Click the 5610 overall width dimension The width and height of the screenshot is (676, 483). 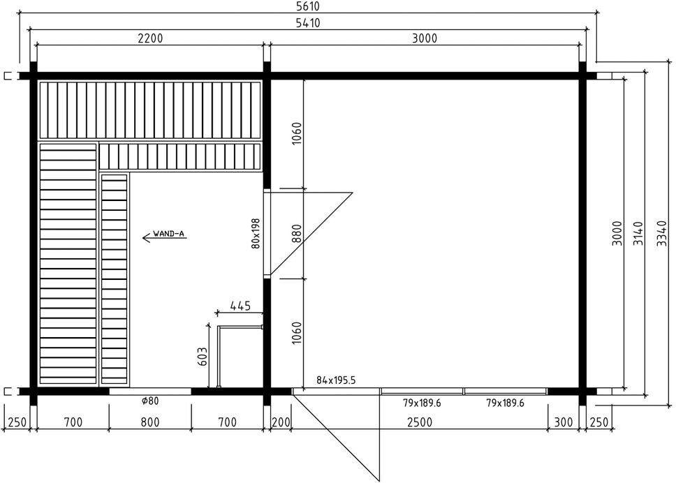[308, 6]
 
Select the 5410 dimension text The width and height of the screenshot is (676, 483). [308, 23]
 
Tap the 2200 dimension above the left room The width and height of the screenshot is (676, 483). [150, 38]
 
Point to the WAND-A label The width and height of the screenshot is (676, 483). [168, 234]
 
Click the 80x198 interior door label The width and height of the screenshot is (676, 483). [256, 233]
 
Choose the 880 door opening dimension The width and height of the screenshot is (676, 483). [297, 234]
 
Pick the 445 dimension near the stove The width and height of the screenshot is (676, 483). [240, 306]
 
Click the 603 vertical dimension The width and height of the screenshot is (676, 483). [203, 356]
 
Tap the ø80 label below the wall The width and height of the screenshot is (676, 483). [150, 401]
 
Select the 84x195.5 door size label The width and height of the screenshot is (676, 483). [336, 380]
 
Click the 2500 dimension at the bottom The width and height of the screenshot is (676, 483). [420, 422]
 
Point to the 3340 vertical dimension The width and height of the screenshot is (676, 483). [661, 233]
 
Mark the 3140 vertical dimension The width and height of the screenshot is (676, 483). [638, 233]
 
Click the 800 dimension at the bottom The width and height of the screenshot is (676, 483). [150, 422]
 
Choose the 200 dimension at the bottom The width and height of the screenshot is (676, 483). [281, 422]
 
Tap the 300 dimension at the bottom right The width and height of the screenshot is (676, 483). [564, 422]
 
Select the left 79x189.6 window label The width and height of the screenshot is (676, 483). [422, 403]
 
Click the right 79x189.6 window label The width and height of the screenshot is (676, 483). [505, 403]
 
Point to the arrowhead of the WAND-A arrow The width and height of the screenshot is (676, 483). [143, 237]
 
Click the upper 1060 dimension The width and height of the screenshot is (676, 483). [297, 133]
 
